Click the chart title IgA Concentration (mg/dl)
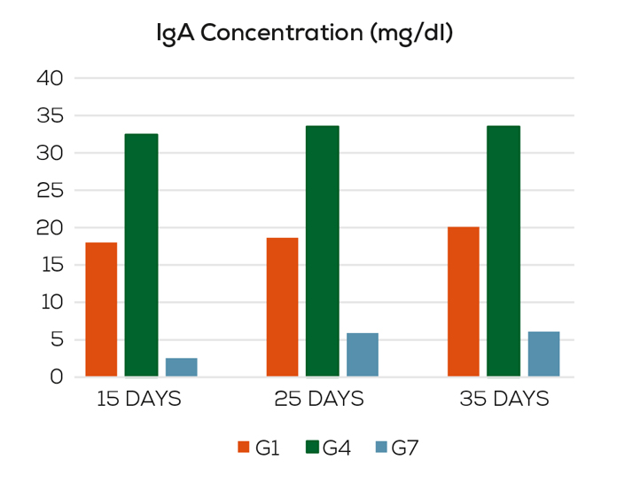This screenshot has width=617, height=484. [x=305, y=35]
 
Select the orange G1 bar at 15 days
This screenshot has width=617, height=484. [x=101, y=309]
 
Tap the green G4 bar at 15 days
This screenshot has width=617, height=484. [x=141, y=255]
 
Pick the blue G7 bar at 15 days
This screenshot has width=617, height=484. [x=182, y=367]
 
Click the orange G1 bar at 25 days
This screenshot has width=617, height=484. [x=282, y=307]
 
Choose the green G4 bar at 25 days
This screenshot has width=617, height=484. [x=323, y=251]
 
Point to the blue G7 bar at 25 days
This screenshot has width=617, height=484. [x=363, y=354]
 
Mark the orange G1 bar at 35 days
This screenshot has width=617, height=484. [x=464, y=302]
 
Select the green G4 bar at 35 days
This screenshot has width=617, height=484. [x=504, y=251]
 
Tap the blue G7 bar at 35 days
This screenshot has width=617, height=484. [x=543, y=353]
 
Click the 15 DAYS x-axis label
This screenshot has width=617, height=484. [x=139, y=400]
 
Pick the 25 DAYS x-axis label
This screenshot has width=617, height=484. [x=321, y=400]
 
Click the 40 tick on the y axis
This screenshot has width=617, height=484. [x=51, y=78]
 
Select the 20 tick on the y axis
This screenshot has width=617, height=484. [x=51, y=227]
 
